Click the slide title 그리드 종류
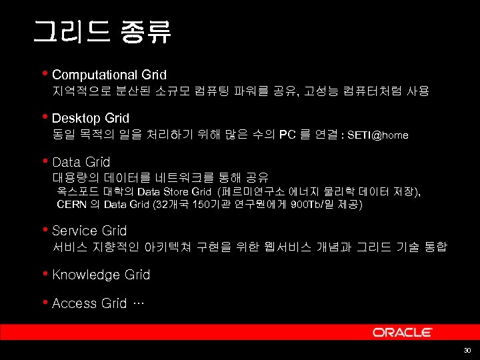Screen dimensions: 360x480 [101, 31]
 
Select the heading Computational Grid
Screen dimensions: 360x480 [109, 75]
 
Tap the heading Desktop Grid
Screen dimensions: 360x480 [90, 118]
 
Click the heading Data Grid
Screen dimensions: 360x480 [81, 162]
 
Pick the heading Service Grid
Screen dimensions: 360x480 [89, 231]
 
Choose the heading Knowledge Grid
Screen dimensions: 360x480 [101, 275]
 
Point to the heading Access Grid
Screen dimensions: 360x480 [89, 303]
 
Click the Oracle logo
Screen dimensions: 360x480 [402, 332]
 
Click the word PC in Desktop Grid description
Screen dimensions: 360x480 [287, 135]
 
